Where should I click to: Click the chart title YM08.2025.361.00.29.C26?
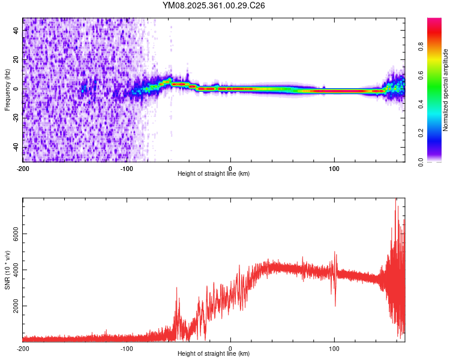click(214, 5)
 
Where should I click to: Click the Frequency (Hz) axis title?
click(7, 91)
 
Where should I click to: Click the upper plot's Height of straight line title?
click(214, 174)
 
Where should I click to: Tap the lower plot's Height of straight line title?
click(214, 354)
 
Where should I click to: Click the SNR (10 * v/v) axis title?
click(7, 270)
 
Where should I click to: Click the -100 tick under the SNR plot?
click(127, 349)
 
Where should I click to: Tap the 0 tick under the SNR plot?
click(231, 349)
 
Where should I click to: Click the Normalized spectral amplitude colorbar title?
click(446, 91)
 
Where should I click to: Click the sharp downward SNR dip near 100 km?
click(335, 305)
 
